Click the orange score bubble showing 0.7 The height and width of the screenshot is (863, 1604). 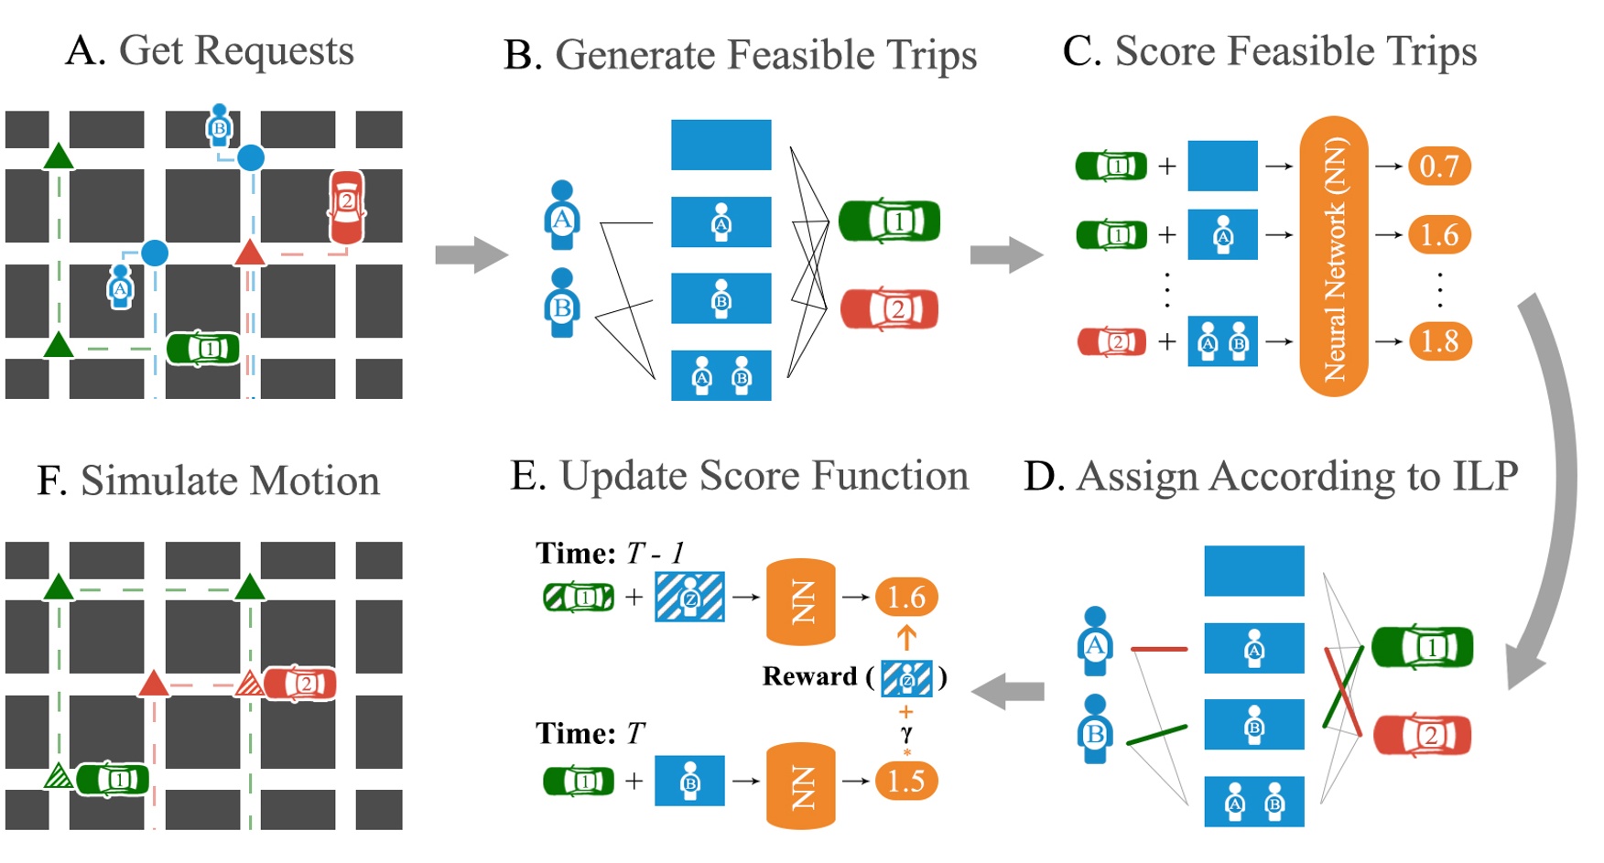(1438, 166)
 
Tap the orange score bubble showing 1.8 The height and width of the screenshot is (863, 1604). (1438, 341)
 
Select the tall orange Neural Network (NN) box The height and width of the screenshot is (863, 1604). (1333, 256)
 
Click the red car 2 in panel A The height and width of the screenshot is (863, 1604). (346, 208)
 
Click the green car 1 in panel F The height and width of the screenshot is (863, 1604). (113, 779)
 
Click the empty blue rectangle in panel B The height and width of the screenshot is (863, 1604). (721, 145)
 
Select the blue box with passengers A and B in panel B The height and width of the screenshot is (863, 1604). (721, 375)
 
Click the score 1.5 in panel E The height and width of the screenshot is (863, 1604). (905, 781)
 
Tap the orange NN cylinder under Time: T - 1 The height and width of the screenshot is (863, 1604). (800, 601)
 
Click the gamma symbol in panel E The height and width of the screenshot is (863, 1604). (905, 733)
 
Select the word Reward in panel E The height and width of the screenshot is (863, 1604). (808, 676)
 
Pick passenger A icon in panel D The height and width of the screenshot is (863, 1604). (1095, 641)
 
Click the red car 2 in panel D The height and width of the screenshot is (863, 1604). (1422, 735)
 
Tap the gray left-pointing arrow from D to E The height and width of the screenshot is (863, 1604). (1007, 691)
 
